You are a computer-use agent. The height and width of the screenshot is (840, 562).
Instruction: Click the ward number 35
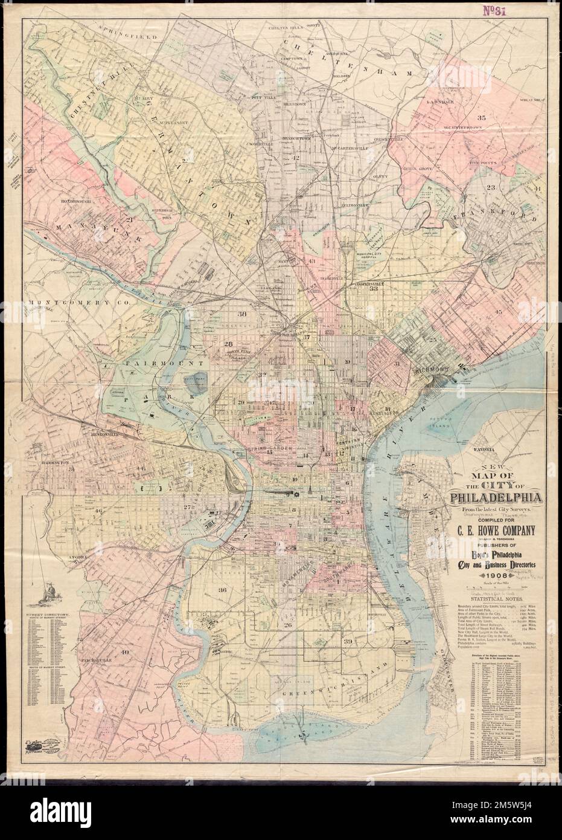tap(481, 117)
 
